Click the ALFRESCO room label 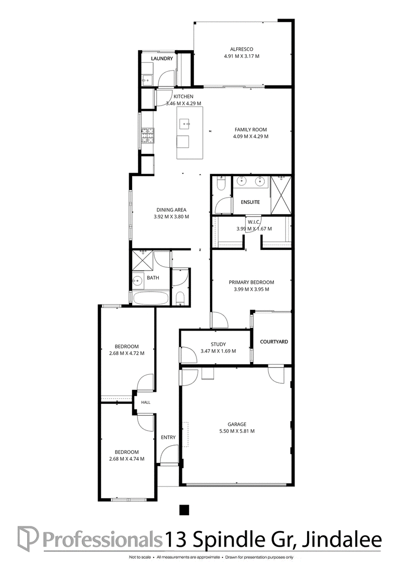pyautogui.click(x=242, y=49)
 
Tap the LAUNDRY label pyautogui.click(x=162, y=59)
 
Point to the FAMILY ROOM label pyautogui.click(x=251, y=129)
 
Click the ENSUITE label pyautogui.click(x=250, y=202)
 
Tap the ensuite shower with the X pyautogui.click(x=281, y=195)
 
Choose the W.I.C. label pyautogui.click(x=254, y=222)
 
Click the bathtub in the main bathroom pyautogui.click(x=151, y=298)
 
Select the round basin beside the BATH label pyautogui.click(x=137, y=281)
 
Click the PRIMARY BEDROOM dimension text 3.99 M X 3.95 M pyautogui.click(x=251, y=289)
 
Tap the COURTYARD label pyautogui.click(x=274, y=342)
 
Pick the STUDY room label pyautogui.click(x=219, y=344)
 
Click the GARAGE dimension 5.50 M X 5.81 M pyautogui.click(x=237, y=431)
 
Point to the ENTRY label pyautogui.click(x=168, y=438)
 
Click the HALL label pyautogui.click(x=146, y=402)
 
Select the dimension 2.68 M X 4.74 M pyautogui.click(x=127, y=459)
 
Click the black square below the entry pyautogui.click(x=184, y=510)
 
